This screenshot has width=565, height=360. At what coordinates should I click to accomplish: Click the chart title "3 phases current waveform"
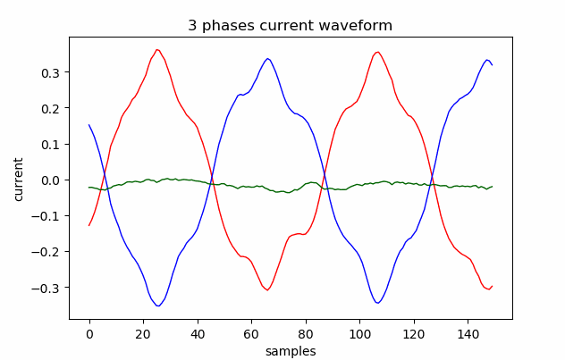pyautogui.click(x=290, y=26)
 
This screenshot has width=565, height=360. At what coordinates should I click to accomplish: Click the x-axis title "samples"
pyautogui.click(x=290, y=351)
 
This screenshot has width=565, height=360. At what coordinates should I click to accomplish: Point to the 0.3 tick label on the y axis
pyautogui.click(x=51, y=72)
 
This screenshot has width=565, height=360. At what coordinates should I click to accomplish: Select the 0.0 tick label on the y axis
pyautogui.click(x=51, y=180)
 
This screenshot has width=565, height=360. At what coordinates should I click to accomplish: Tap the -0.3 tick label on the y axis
pyautogui.click(x=48, y=288)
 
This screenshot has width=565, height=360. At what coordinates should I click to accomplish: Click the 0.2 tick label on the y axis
pyautogui.click(x=51, y=108)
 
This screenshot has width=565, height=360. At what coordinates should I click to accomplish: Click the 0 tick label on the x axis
pyautogui.click(x=89, y=332)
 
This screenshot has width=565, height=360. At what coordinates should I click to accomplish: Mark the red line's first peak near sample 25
pyautogui.click(x=157, y=50)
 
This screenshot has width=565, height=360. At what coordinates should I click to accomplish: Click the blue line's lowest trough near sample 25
pyautogui.click(x=158, y=306)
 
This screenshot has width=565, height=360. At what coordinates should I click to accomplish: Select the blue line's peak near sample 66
pyautogui.click(x=268, y=59)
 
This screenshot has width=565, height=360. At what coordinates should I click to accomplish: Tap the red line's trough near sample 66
pyautogui.click(x=267, y=290)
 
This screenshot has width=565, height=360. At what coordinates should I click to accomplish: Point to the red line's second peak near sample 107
pyautogui.click(x=378, y=52)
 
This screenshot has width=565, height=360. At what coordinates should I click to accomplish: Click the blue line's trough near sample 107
pyautogui.click(x=379, y=304)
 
